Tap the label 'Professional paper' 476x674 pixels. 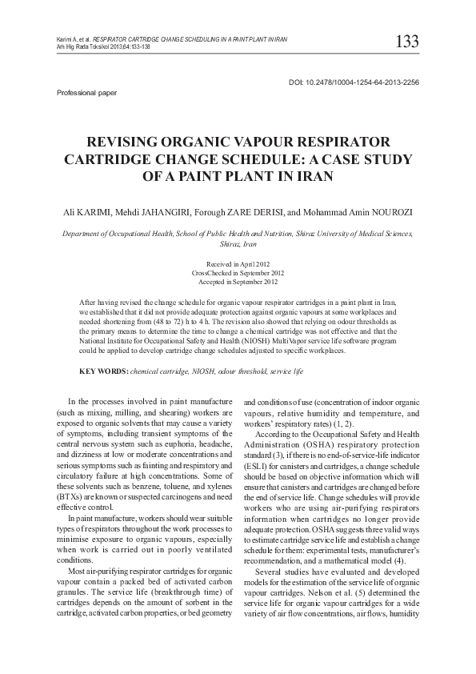coord(87,93)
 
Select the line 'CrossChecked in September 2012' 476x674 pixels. coord(238,273)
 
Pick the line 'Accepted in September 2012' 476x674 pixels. coord(238,281)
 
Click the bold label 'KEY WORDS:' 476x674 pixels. coord(103,373)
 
